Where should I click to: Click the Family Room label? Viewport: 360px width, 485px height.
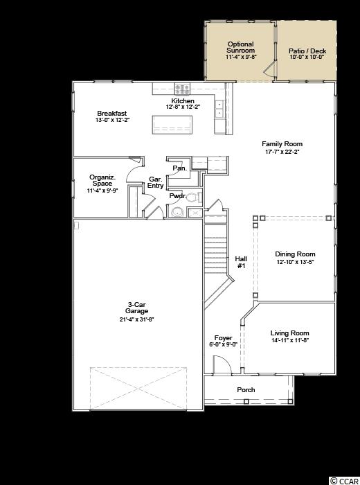pos(282,144)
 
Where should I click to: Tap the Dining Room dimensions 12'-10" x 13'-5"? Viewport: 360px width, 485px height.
pos(295,262)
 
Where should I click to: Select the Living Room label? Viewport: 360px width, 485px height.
pos(290,333)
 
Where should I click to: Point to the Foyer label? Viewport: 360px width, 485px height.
pos(223,338)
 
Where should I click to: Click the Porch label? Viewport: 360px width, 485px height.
pos(246,389)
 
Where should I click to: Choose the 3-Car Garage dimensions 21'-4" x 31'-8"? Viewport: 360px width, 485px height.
pos(136,319)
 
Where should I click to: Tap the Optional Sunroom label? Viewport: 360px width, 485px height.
pos(241,47)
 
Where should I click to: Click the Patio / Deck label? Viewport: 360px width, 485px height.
pos(307,51)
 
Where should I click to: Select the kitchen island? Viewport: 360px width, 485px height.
pos(172,125)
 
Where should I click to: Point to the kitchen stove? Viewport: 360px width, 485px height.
pos(182,89)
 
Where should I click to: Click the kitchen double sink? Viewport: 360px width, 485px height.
pos(220,109)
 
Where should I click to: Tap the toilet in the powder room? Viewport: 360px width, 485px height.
pos(194,197)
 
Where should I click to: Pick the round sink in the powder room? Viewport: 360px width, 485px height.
pos(178,212)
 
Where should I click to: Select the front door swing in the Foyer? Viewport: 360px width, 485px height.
pos(222,364)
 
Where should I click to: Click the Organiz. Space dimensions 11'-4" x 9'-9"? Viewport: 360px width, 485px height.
pos(102,191)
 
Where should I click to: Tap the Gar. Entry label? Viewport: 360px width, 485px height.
pos(156,182)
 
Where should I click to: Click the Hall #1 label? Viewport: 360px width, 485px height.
pos(241,263)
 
